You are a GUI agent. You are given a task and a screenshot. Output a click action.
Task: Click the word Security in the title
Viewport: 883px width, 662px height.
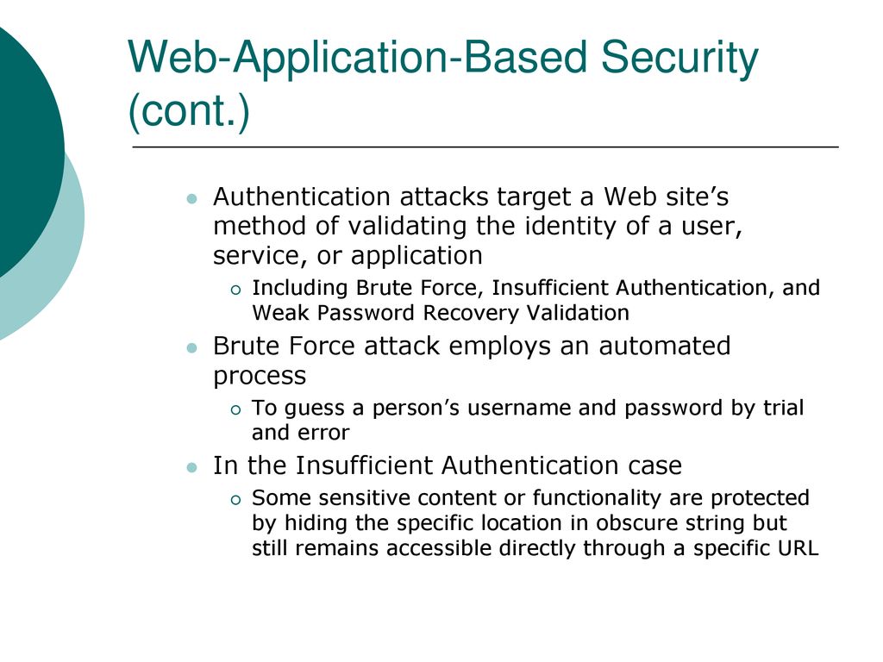click(679, 59)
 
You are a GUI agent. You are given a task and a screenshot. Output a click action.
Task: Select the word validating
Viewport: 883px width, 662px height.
click(407, 227)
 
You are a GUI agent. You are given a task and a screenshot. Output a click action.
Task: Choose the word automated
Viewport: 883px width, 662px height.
click(665, 346)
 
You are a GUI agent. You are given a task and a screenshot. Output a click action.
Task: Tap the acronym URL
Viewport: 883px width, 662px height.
click(798, 548)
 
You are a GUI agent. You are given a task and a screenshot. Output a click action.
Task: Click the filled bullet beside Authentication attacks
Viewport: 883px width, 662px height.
click(192, 199)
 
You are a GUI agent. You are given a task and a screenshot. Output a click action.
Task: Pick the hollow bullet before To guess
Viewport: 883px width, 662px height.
click(235, 409)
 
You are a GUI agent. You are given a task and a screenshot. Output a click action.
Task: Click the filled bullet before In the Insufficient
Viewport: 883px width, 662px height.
click(192, 467)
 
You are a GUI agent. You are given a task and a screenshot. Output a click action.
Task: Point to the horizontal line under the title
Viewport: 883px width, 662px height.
click(485, 147)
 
